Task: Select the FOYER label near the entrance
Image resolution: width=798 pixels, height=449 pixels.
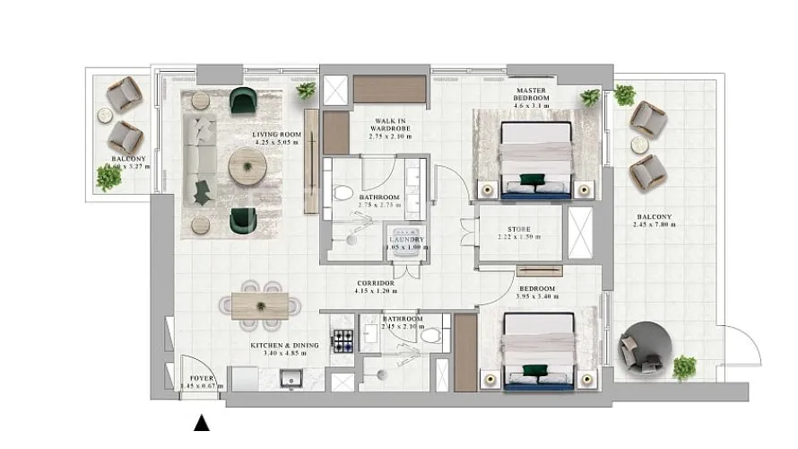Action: click(x=201, y=378)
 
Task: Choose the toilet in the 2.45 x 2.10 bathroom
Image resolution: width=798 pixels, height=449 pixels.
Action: click(x=430, y=336)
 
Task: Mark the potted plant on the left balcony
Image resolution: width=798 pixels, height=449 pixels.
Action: click(x=108, y=178)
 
